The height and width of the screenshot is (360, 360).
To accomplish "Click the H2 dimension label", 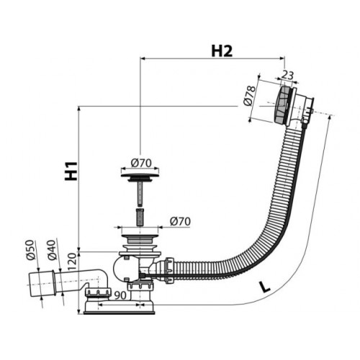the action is [222, 51].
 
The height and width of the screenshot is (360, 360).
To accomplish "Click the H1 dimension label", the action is [71, 171].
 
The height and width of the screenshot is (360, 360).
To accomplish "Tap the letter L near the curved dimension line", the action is [265, 287].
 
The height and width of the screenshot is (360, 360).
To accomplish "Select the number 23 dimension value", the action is [287, 75].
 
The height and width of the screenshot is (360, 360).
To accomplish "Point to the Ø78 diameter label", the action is [250, 96].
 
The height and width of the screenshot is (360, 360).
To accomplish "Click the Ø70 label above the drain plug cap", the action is [141, 163].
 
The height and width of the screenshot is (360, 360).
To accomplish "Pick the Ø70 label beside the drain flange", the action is [180, 221].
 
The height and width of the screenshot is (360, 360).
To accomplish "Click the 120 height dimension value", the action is [73, 262].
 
